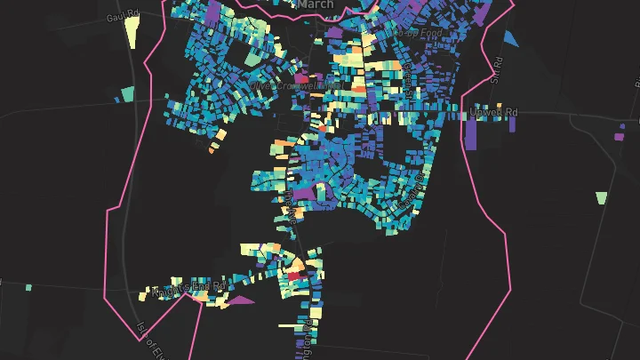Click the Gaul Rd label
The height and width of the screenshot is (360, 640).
click(x=123, y=16)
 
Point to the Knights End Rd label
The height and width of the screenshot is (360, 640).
click(x=188, y=287)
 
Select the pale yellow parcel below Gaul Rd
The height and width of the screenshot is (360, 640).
click(x=132, y=31)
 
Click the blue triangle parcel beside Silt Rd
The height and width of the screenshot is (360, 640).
click(x=510, y=38)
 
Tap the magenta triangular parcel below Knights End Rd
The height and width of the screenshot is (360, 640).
click(x=239, y=300)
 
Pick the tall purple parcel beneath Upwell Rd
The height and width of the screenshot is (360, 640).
click(x=471, y=134)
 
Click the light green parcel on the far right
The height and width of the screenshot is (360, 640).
click(x=602, y=197)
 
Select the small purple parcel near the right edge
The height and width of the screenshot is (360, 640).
click(x=620, y=136)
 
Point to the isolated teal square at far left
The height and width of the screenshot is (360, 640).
click(x=28, y=287)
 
